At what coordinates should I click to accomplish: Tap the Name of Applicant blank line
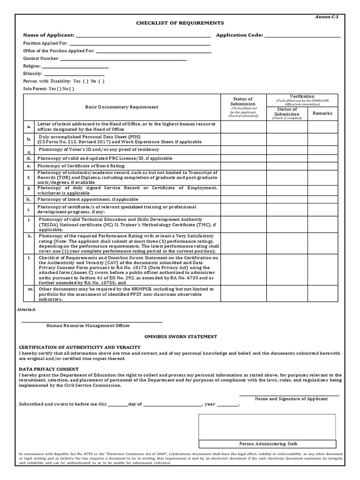[143, 35]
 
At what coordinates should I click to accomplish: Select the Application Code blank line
[303, 35]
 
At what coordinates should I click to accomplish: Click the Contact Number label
[41, 59]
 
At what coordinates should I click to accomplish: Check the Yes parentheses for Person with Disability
[85, 81]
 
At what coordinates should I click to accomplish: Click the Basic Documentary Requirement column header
[122, 107]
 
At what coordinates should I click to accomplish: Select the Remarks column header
[322, 113]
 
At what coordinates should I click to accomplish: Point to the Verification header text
[302, 96]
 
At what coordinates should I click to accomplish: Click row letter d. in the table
[29, 158]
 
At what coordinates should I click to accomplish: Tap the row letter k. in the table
[29, 236]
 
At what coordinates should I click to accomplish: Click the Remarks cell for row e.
[322, 166]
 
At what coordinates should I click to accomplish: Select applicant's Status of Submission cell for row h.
[244, 199]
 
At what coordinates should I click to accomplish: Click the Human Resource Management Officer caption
[88, 325]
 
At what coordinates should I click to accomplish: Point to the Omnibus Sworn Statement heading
[180, 337]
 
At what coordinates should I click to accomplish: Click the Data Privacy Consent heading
[49, 369]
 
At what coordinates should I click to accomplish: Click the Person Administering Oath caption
[268, 443]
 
